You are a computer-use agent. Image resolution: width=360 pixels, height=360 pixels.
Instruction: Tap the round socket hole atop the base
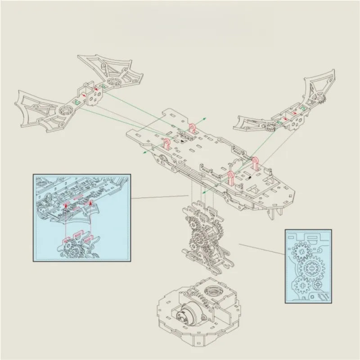point(211,296)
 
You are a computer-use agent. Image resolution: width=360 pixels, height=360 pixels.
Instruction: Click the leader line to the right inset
point(261,249)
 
